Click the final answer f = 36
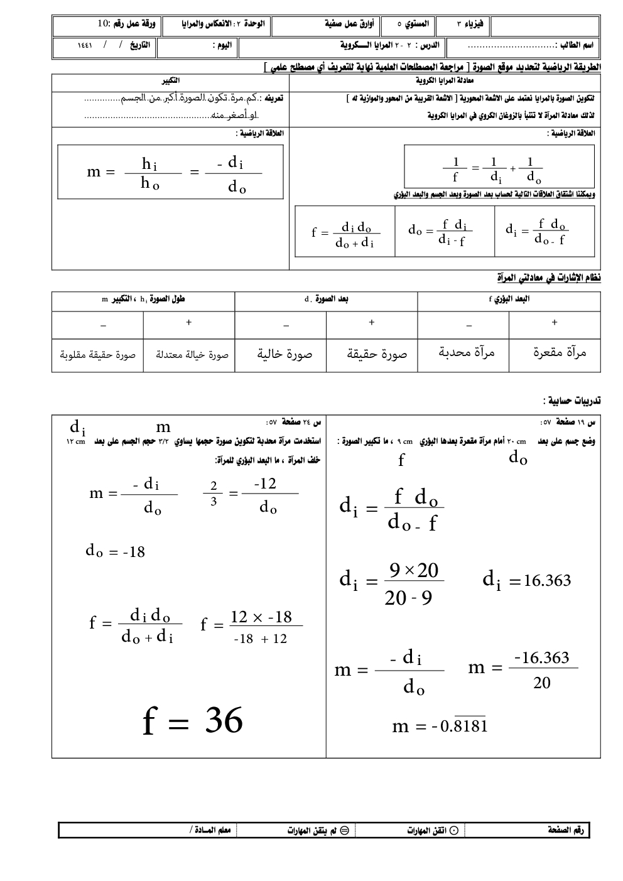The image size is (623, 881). click(193, 720)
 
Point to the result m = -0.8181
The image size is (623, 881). click(440, 726)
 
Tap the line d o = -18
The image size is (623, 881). click(116, 551)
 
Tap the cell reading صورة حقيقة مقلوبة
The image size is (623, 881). click(98, 355)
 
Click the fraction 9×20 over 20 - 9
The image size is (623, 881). click(414, 584)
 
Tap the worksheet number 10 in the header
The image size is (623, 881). click(104, 24)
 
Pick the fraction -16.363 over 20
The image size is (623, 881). click(541, 670)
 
